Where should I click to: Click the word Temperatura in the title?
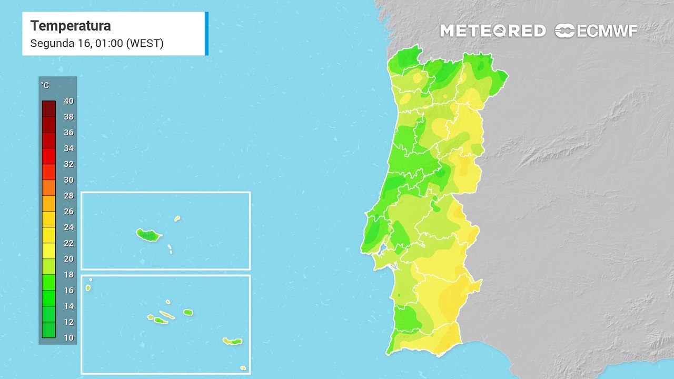tap(71, 26)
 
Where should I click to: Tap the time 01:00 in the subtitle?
tap(109, 43)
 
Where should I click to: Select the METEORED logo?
tap(492, 31)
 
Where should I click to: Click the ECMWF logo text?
tap(607, 31)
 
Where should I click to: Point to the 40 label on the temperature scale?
tap(68, 101)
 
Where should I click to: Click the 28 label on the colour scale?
tap(68, 196)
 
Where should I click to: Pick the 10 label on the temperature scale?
tap(68, 338)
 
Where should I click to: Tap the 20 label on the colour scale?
tap(68, 259)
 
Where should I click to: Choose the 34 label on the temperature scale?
tap(68, 148)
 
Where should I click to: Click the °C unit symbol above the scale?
tap(45, 85)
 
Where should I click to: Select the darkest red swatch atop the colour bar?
tap(48, 108)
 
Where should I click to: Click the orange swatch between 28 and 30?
tap(48, 187)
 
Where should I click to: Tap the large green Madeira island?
tap(148, 235)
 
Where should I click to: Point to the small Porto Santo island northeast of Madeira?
tap(177, 218)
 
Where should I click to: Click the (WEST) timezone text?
tap(145, 43)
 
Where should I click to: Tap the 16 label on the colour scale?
tap(68, 291)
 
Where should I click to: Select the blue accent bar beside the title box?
tap(206, 33)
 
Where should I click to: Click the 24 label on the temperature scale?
tap(68, 227)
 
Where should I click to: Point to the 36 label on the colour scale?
tap(68, 133)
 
